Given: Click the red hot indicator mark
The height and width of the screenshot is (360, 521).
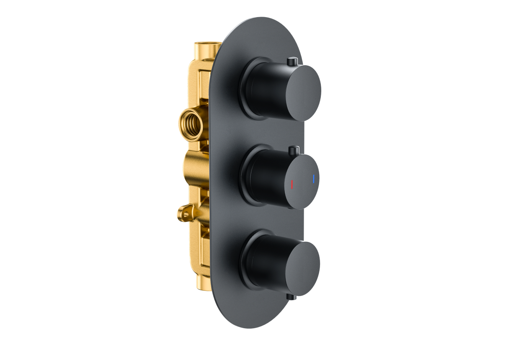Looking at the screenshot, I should (x=292, y=183).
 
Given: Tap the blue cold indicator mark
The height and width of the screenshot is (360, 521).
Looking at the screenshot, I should (x=313, y=180).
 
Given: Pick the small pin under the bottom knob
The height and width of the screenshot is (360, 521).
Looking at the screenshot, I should (x=291, y=297).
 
